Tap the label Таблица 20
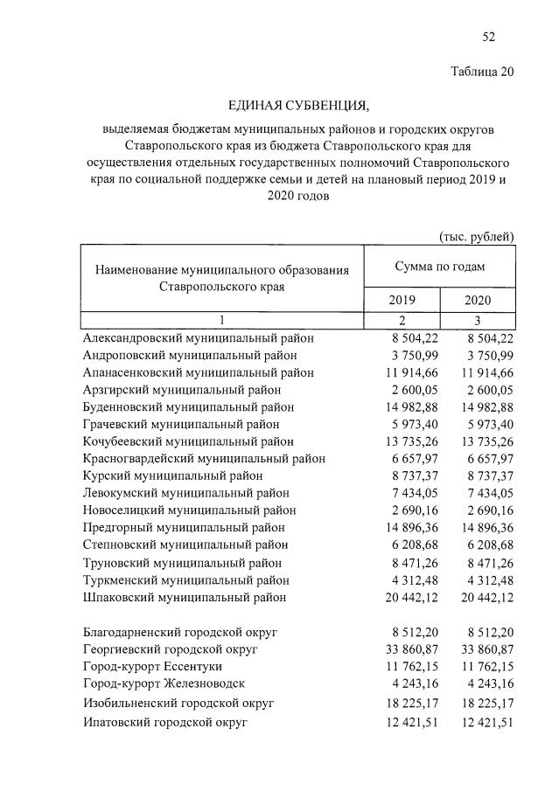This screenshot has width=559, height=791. coord(481,72)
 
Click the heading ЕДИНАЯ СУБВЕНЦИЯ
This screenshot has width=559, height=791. coord(298,107)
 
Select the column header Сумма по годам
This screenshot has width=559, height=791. coord(439,267)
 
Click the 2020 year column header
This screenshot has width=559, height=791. coord(478,300)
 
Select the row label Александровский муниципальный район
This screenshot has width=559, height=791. coord(198,338)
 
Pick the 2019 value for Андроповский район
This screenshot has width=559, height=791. coord(407,356)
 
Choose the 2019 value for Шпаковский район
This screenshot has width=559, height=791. coord(403,597)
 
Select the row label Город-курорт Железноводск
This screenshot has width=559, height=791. coord(164,683)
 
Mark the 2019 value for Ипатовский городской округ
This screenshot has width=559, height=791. coord(403,723)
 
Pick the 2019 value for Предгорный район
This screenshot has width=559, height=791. coord(403,528)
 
